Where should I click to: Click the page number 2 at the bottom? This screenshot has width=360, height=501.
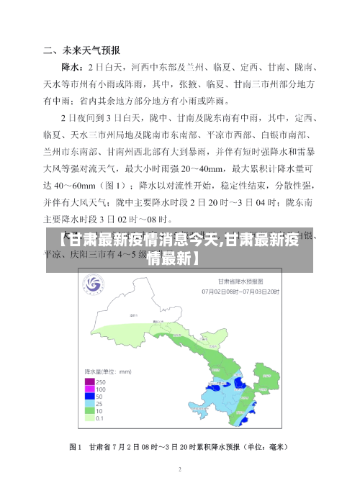coord(180,469)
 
